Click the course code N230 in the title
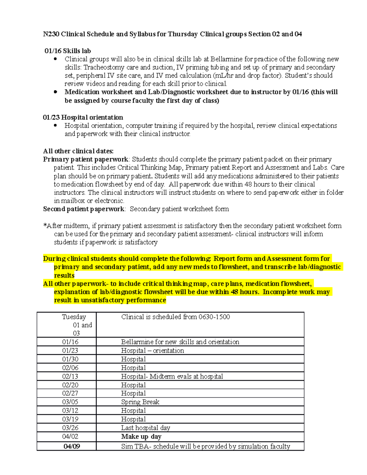[x=51, y=34]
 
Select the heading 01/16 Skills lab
[x=68, y=51]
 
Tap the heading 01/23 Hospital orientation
[x=83, y=117]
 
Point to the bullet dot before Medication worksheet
[x=55, y=92]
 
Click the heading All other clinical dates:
[x=78, y=151]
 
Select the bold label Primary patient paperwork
[x=86, y=159]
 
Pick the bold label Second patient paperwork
[x=84, y=209]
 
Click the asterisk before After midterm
[x=45, y=225]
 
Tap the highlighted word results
[x=64, y=275]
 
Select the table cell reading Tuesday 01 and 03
[x=74, y=325]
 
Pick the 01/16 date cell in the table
[x=70, y=342]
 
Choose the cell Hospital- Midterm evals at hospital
[x=172, y=377]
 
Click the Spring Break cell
[x=140, y=402]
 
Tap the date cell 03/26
[x=70, y=428]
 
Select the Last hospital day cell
[x=146, y=428]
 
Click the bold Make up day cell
[x=141, y=437]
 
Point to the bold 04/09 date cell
[x=72, y=447]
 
